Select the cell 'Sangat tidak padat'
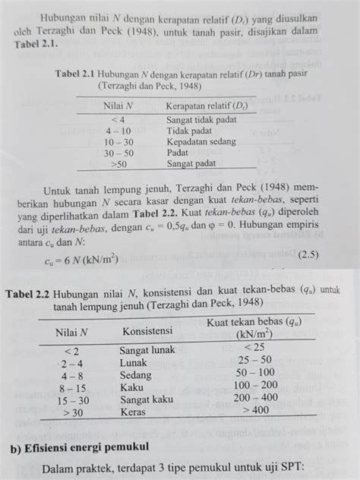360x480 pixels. coord(202,120)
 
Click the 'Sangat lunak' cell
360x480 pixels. coord(147,350)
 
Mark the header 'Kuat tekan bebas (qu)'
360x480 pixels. coord(252,324)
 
